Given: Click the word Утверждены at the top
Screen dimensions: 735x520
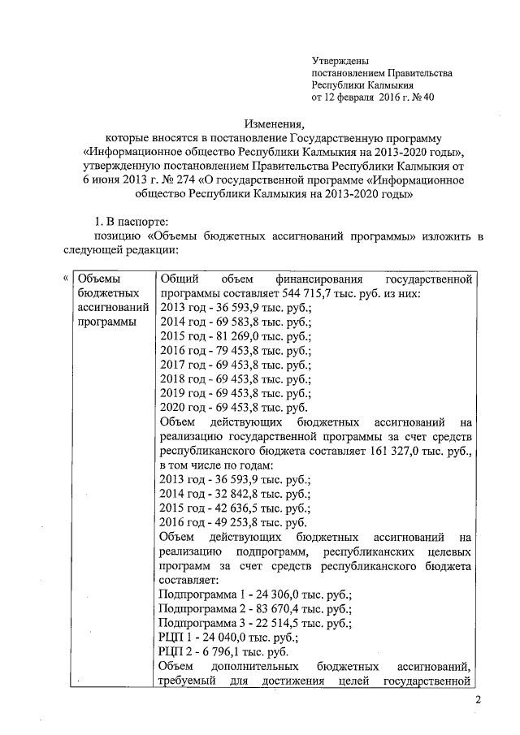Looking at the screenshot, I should (341, 62).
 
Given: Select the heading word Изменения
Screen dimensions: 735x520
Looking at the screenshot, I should (274, 123).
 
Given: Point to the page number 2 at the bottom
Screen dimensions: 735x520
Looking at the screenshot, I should (479, 701).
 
